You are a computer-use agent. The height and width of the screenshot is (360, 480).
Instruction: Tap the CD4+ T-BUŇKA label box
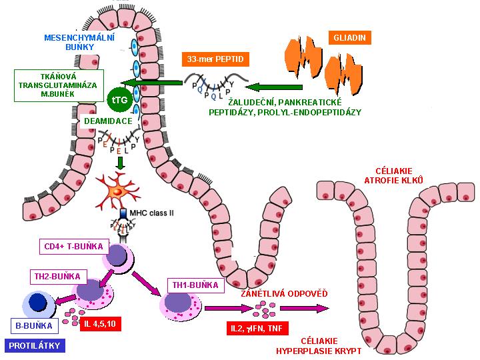click(73, 247)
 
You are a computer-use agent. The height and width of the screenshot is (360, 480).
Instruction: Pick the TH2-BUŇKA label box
click(56, 275)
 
